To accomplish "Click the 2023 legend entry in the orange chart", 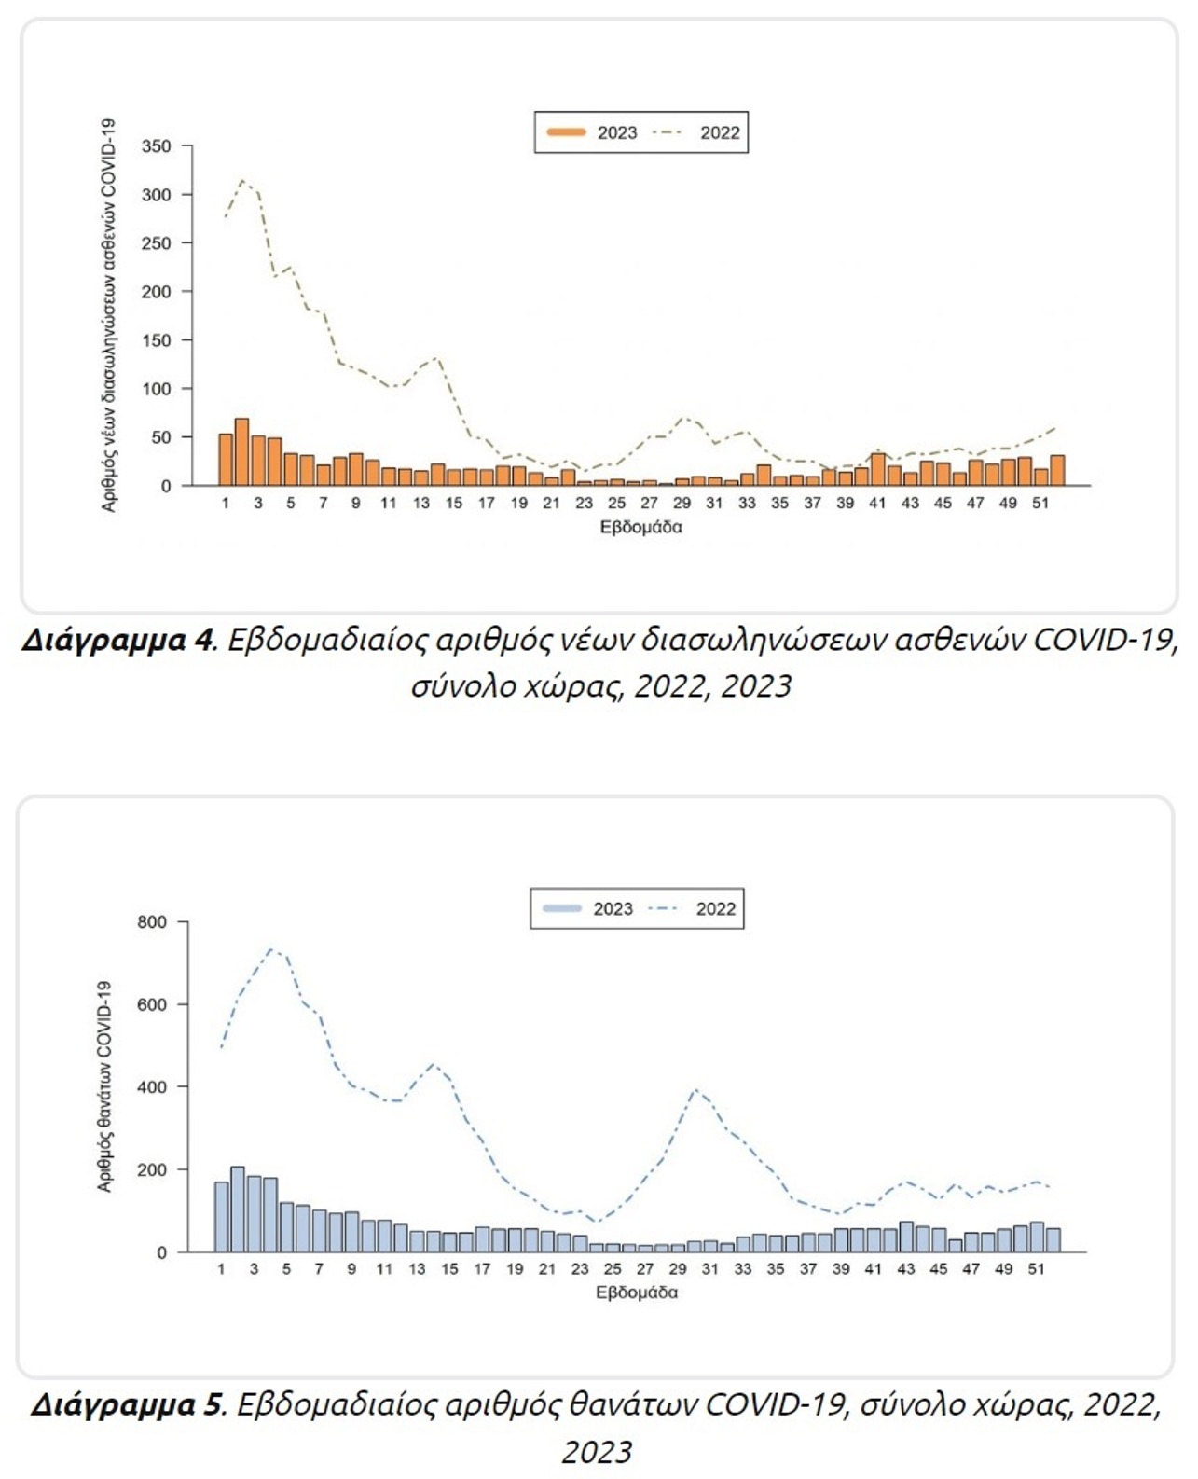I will coord(593,132).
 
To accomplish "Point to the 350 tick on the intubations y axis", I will coord(157,146).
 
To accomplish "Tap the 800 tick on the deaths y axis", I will coord(152,922).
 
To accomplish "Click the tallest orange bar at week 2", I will coord(241,452).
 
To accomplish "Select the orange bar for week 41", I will coord(878,469).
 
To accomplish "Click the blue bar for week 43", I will coord(906,1237).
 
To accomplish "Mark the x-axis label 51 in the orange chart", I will coord(1040,503).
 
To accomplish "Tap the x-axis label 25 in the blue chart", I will coord(613,1269).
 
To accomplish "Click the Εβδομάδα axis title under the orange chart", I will coord(640,527).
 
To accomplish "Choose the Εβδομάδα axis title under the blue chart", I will coord(637,1292).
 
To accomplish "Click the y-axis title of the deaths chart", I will coord(104,1085).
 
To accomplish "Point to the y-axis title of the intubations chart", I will coord(108,314).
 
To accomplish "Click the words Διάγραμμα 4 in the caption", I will coord(117,641).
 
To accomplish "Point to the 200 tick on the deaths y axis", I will coord(152,1169).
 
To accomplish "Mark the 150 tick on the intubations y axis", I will coord(157,340).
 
